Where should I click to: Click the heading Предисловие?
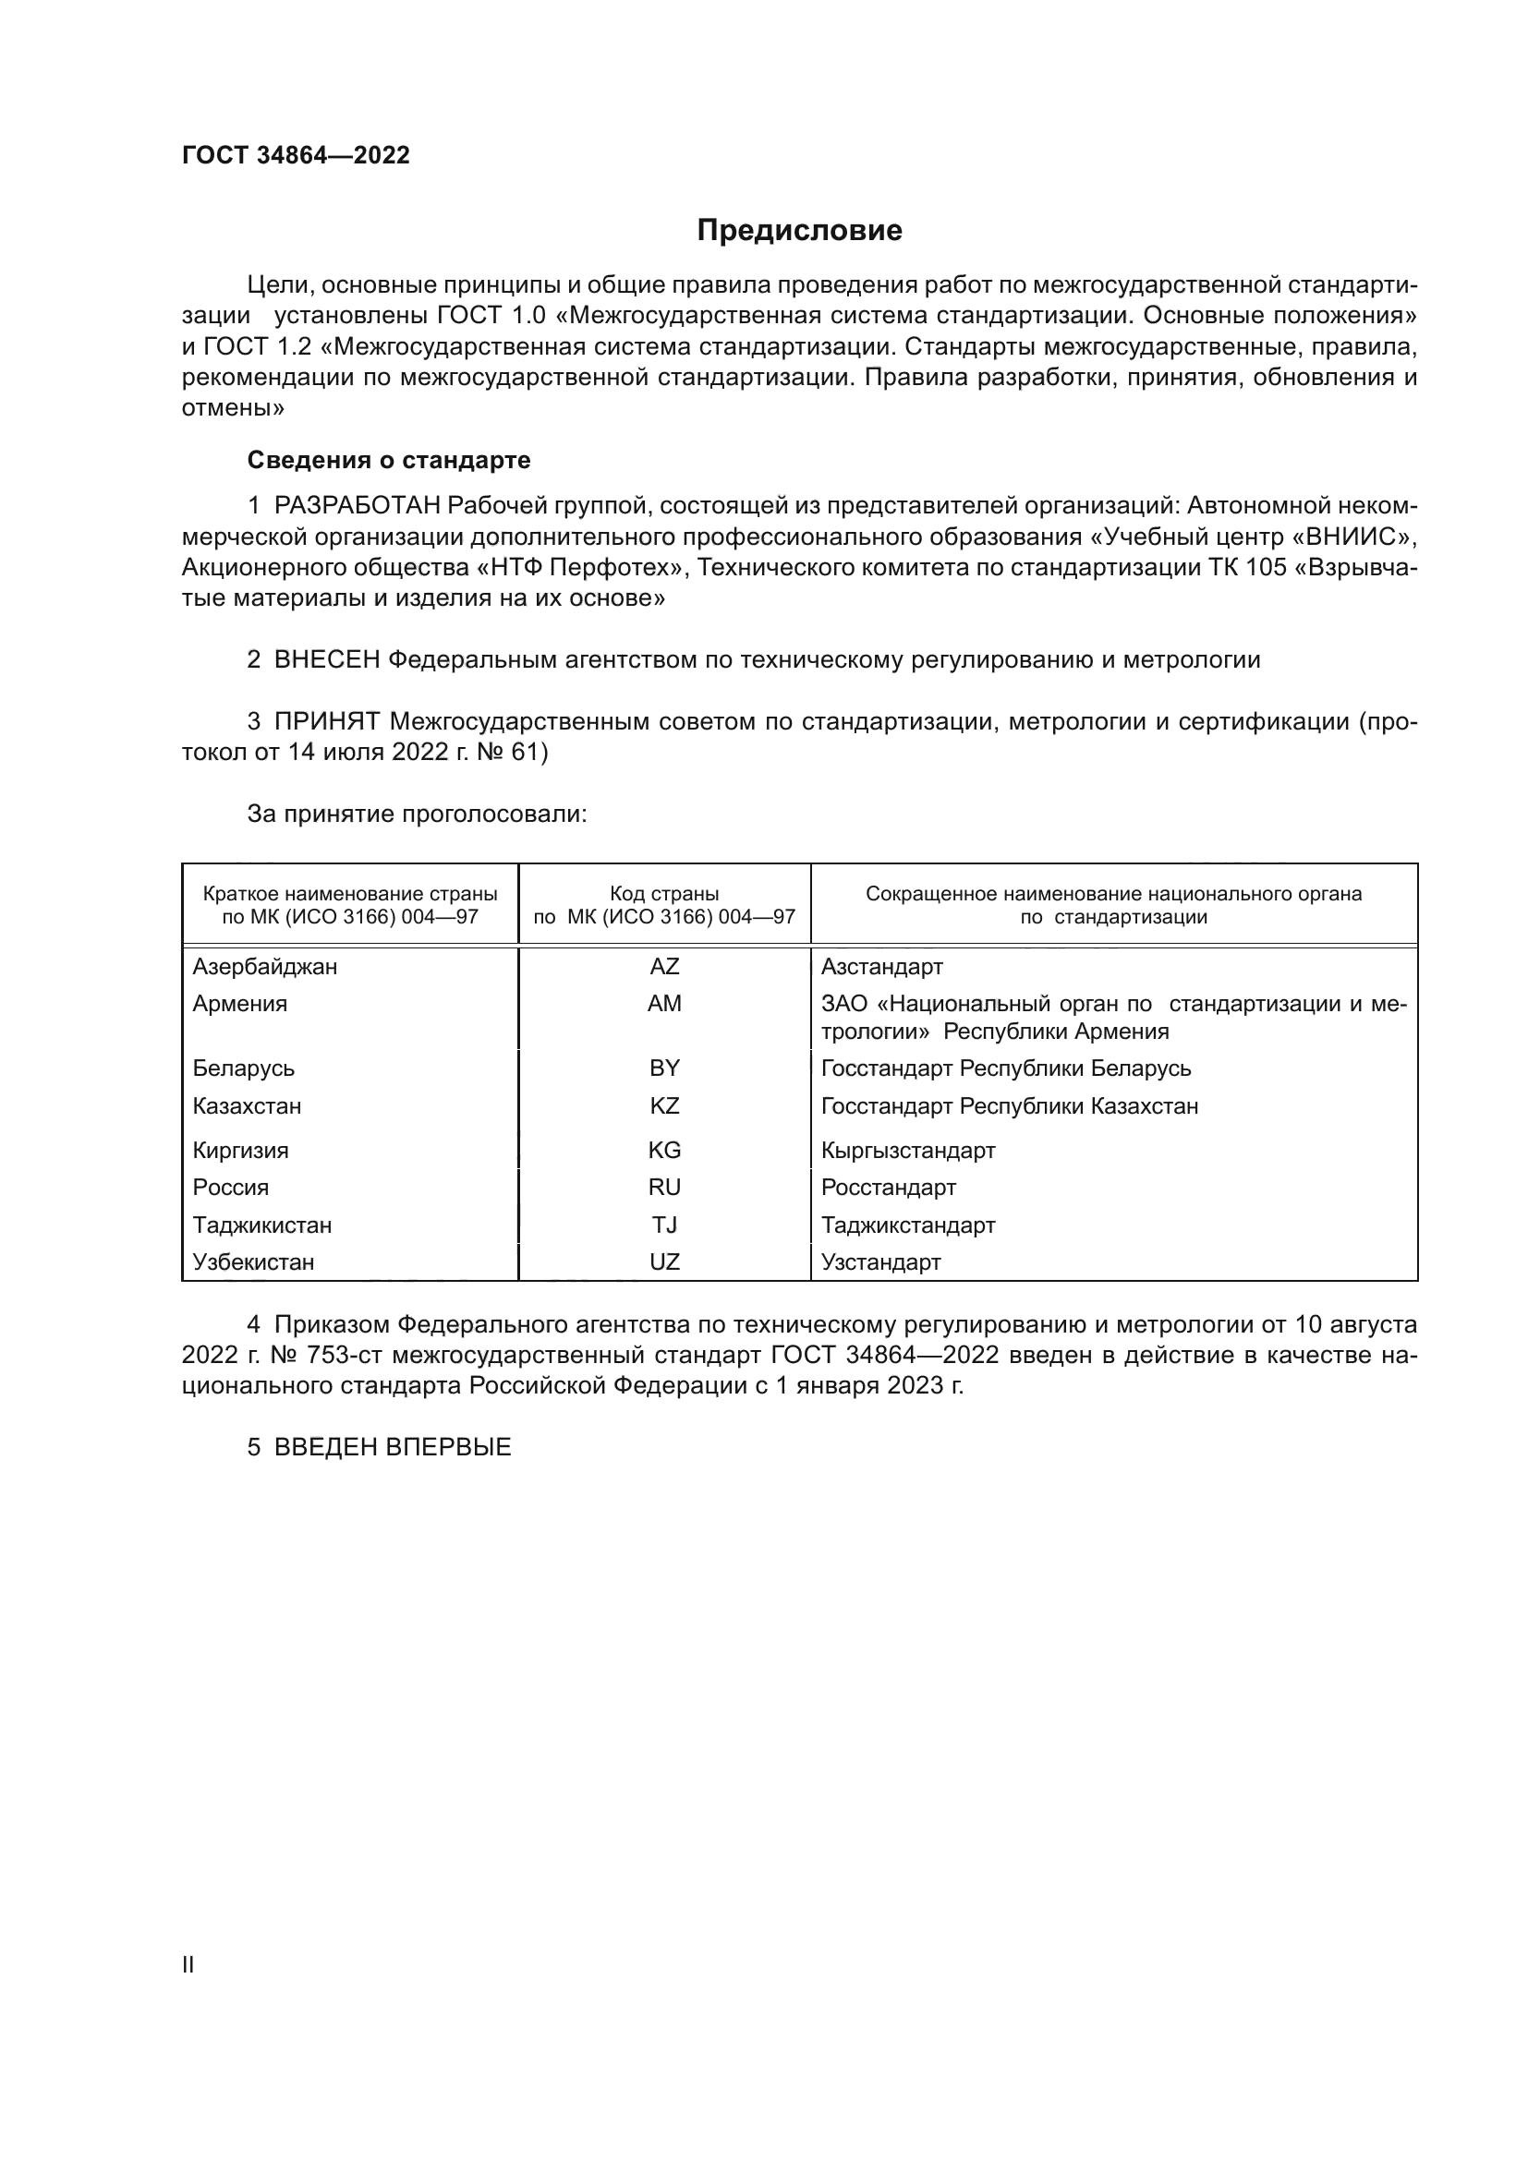799,231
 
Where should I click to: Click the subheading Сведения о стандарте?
389,460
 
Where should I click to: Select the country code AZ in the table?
664,966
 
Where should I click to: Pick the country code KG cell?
664,1150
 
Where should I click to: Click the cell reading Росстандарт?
888,1188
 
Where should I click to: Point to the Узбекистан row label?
253,1261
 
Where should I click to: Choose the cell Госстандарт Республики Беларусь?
1006,1068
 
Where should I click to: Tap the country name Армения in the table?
240,1003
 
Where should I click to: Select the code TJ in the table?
664,1225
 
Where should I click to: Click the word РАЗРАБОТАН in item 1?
357,506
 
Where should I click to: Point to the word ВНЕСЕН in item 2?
326,659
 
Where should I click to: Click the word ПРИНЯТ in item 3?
326,721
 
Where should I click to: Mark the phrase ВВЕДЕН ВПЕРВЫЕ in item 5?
393,1447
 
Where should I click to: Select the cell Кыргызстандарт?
908,1150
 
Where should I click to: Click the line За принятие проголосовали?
417,814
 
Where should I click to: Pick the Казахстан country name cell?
247,1105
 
